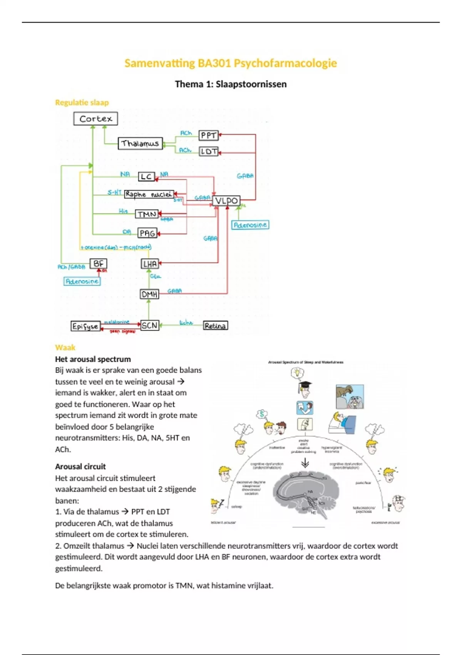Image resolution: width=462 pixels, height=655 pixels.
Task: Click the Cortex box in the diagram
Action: (95, 119)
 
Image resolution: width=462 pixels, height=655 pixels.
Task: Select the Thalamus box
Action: (140, 144)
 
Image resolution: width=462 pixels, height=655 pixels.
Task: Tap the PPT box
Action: (209, 135)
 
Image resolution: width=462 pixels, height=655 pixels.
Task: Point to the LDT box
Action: (209, 151)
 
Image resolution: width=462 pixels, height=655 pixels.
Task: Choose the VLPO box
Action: (226, 201)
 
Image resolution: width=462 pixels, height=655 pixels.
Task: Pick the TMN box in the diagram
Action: (147, 214)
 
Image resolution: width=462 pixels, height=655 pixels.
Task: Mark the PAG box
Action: (147, 233)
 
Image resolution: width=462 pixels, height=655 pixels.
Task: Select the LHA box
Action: (150, 264)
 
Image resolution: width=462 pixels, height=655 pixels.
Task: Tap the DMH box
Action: (149, 294)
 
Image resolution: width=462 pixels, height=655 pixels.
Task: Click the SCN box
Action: (150, 326)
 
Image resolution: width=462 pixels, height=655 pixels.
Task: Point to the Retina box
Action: (215, 326)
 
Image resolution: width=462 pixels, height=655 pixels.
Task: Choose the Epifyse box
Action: (85, 326)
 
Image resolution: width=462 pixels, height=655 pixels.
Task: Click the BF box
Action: (98, 264)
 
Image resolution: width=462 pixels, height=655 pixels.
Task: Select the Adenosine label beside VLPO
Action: (250, 225)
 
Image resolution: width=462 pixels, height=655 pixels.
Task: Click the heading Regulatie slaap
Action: (82, 102)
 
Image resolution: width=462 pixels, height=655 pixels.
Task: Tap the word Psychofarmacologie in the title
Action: (285, 63)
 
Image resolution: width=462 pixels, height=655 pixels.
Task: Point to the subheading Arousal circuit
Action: (80, 467)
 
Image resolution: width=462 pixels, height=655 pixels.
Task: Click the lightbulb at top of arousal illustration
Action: (297, 373)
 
